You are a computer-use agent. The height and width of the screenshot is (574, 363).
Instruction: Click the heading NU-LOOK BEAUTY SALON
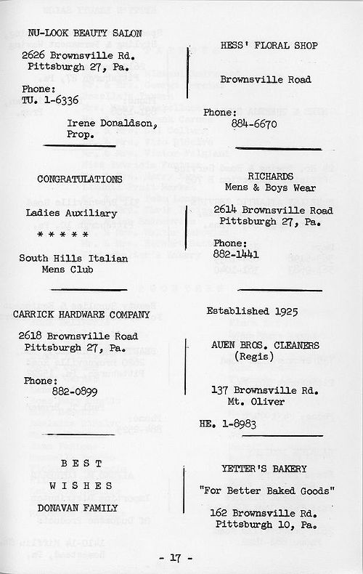point(84,33)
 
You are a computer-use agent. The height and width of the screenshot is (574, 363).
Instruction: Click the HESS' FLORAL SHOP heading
point(259,44)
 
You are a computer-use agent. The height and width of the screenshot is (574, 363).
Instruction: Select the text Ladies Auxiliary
point(71,213)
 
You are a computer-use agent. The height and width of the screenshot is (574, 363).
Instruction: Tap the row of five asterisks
point(63,235)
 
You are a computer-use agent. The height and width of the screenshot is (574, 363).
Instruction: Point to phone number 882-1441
point(237,254)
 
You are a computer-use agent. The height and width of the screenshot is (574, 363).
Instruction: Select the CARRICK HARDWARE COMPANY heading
point(82,314)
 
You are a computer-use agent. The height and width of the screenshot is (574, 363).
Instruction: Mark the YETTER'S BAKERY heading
point(264,469)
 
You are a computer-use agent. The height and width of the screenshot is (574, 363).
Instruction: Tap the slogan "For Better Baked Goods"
point(266,490)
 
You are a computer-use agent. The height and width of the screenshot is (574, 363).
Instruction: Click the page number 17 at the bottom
point(176,558)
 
